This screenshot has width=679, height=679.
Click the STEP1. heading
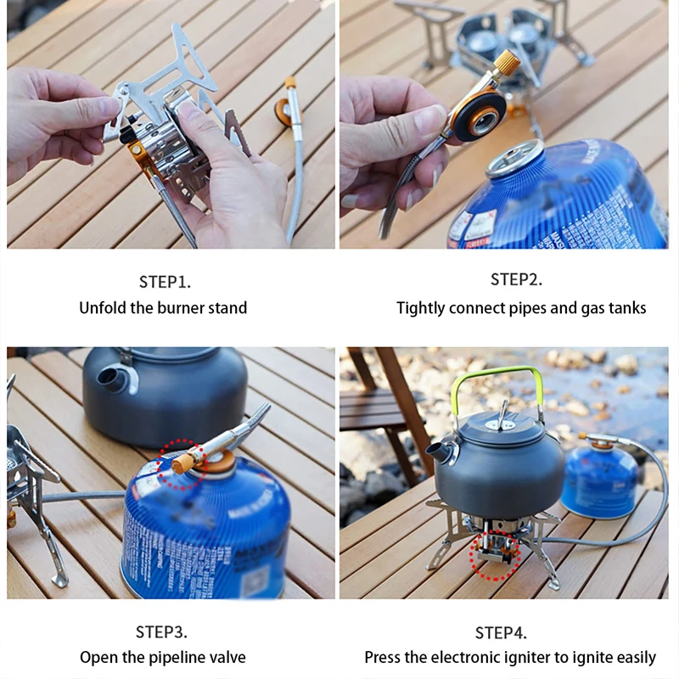pyautogui.click(x=166, y=282)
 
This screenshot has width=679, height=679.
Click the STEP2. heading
pyautogui.click(x=516, y=280)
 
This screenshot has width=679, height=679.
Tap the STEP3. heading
pyautogui.click(x=161, y=631)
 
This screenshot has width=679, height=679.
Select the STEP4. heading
pyautogui.click(x=501, y=632)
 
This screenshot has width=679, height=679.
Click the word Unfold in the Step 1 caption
pyautogui.click(x=102, y=308)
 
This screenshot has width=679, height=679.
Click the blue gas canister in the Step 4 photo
pyautogui.click(x=598, y=480)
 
